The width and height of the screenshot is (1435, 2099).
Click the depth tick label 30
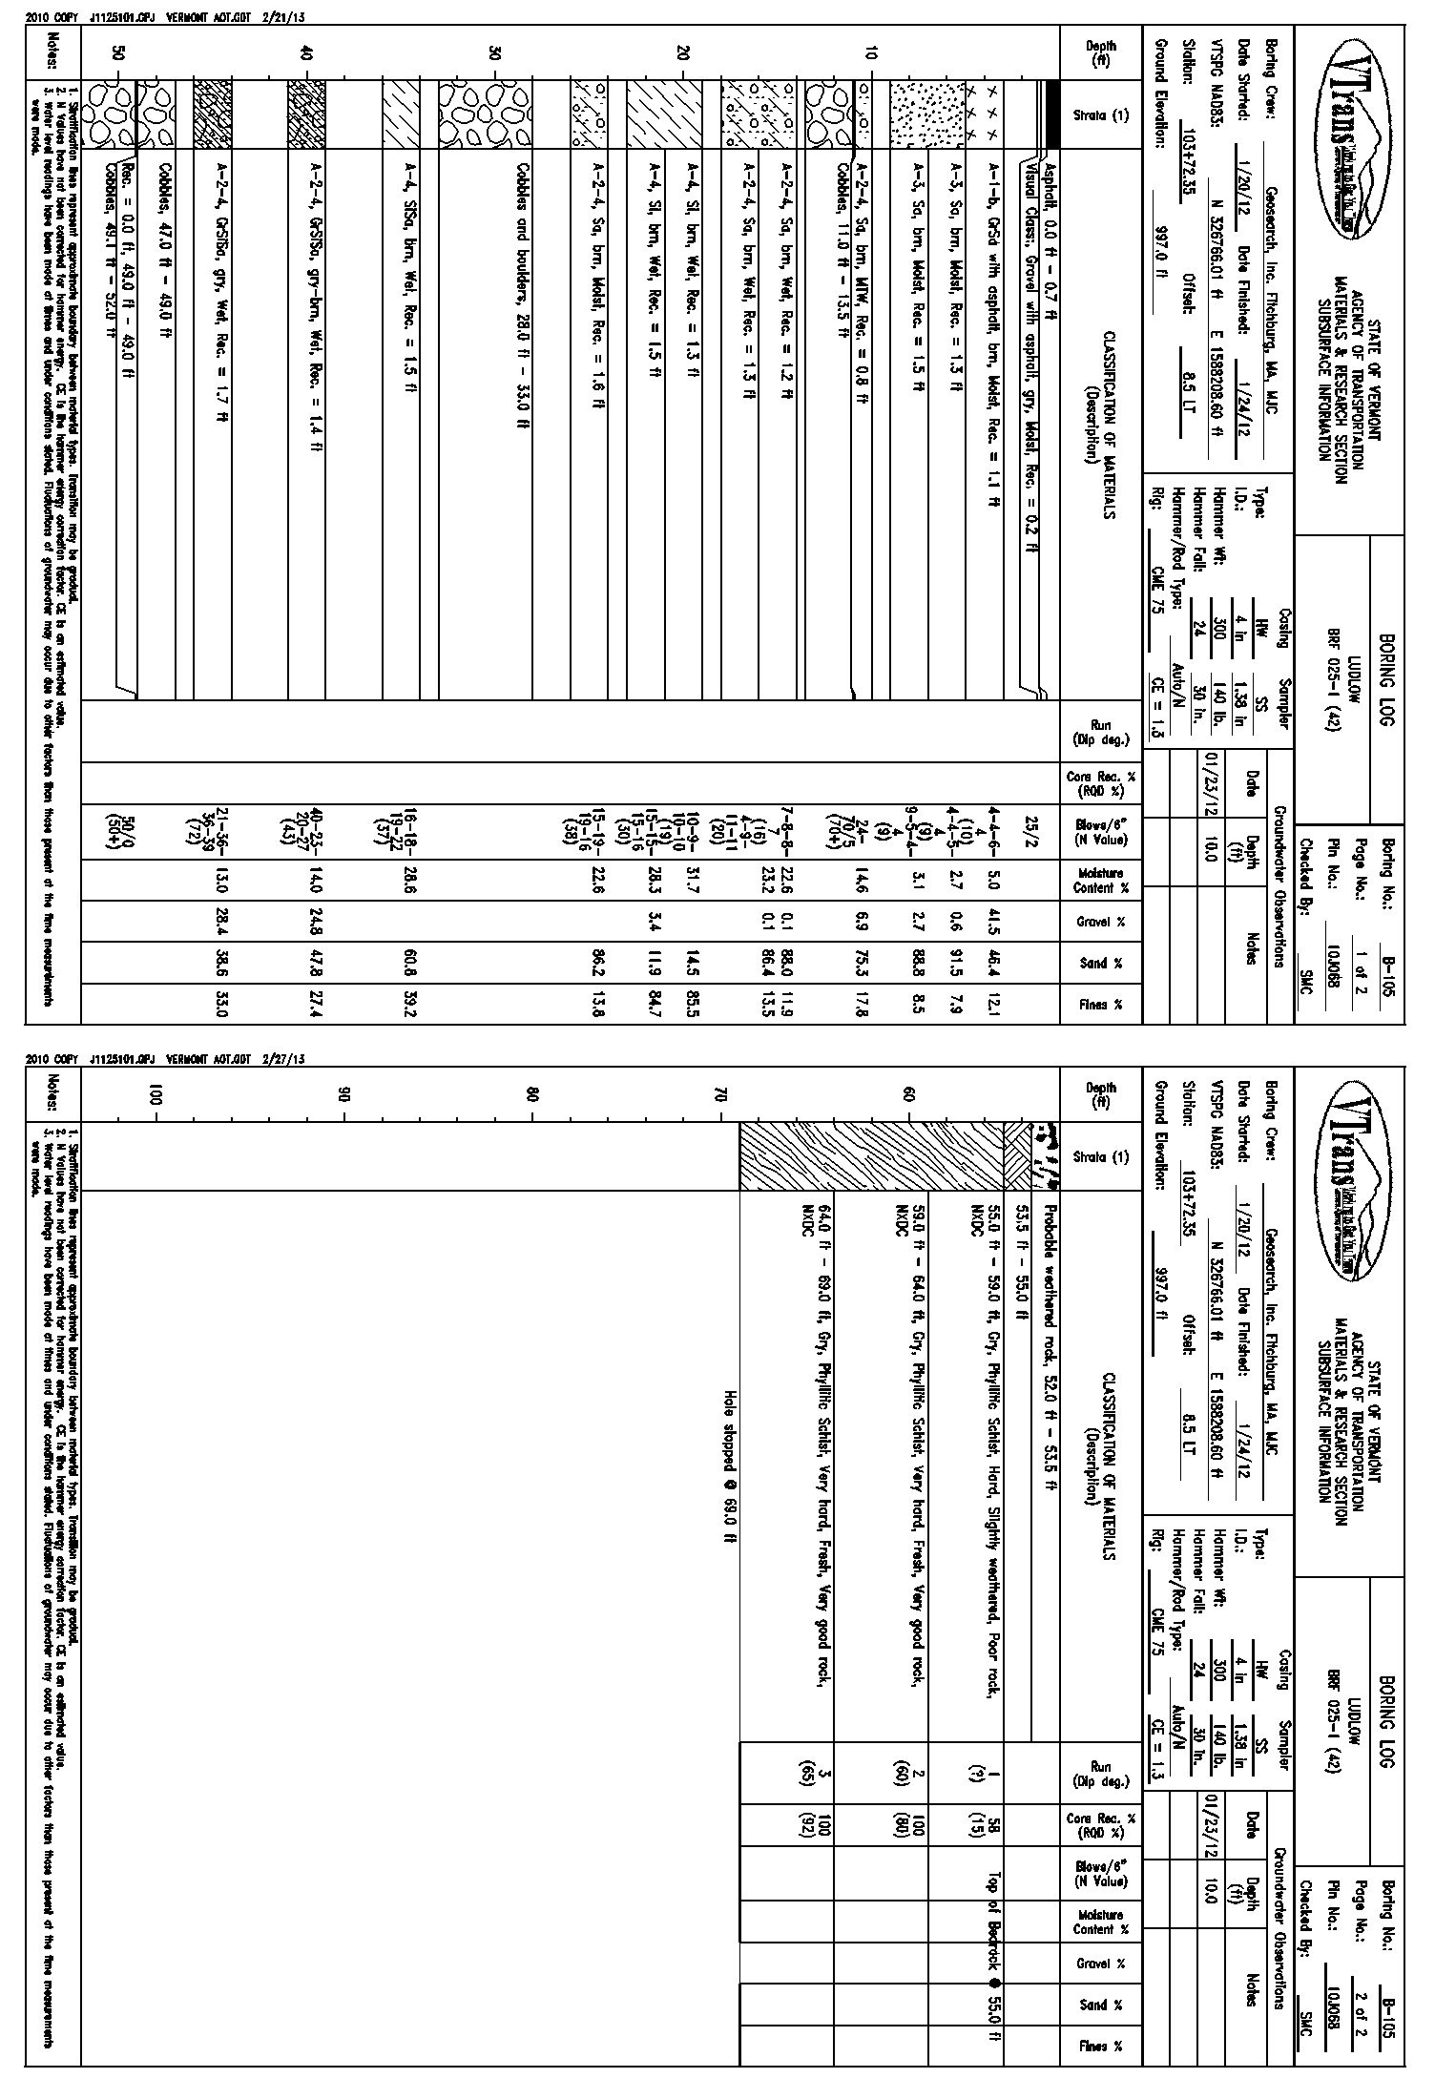coord(494,54)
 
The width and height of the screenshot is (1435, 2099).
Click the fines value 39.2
coord(406,1004)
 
